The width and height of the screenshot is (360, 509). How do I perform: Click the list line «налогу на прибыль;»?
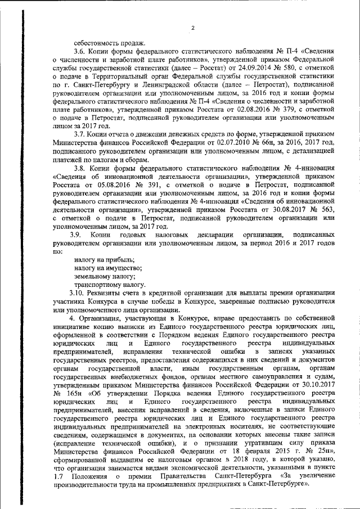pos(97,260)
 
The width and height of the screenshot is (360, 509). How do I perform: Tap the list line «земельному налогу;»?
pos(98,276)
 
